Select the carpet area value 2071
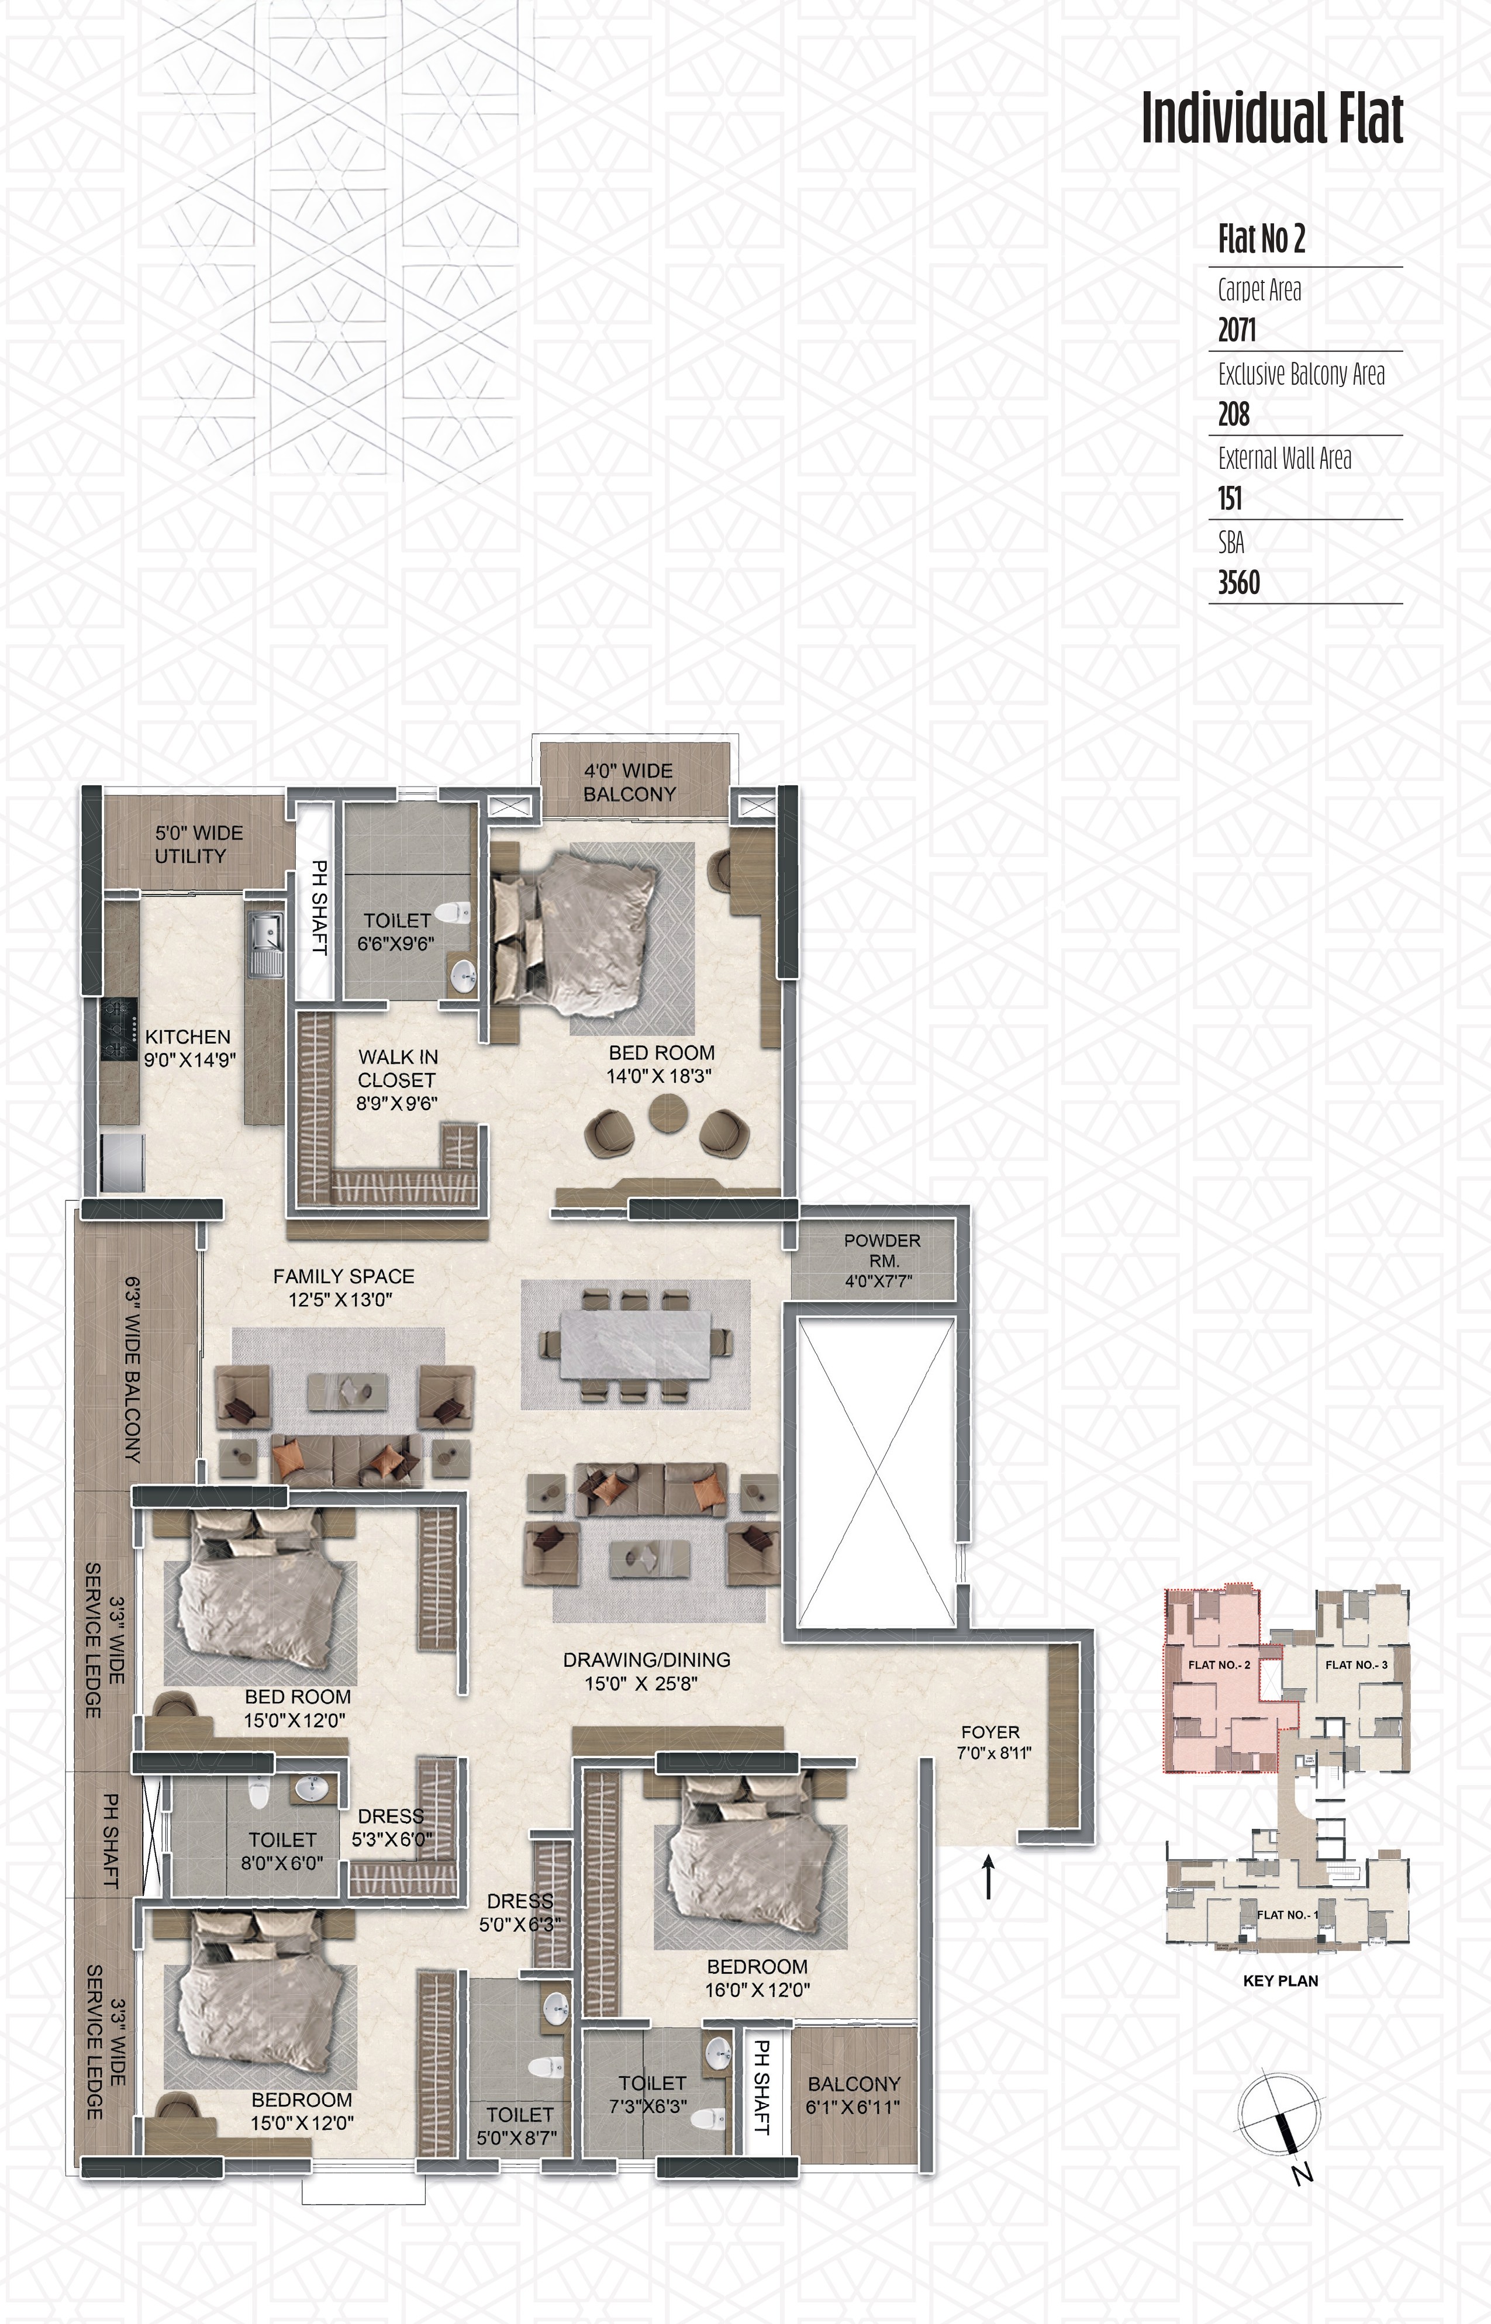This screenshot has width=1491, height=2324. coord(1237,330)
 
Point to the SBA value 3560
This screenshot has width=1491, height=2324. coord(1238,583)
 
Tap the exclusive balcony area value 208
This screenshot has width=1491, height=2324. coord(1234,415)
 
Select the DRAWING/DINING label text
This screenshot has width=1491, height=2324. coord(647,1660)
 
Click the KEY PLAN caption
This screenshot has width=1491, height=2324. coord(1280,1980)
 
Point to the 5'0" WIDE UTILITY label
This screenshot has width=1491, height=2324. coord(198,844)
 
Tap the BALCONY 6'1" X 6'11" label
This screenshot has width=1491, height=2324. coord(854,2095)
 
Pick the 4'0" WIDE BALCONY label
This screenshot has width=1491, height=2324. coord(629,782)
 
